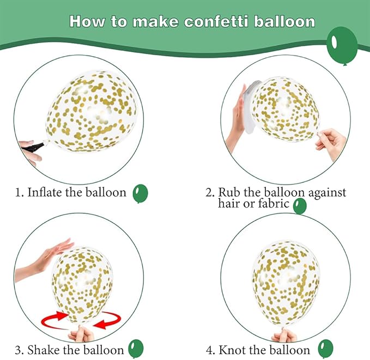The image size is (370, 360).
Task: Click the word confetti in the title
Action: click(x=216, y=22)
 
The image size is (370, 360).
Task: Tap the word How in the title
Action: click(x=87, y=22)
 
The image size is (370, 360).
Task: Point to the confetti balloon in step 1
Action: click(x=92, y=111)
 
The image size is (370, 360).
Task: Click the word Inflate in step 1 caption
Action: click(x=45, y=192)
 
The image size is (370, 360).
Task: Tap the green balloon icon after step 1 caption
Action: click(x=140, y=194)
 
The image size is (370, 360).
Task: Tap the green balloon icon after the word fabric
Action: click(x=300, y=206)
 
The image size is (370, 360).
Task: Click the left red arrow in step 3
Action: click(x=54, y=320)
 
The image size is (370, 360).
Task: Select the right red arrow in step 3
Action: click(x=107, y=320)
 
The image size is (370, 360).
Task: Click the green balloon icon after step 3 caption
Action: click(x=136, y=349)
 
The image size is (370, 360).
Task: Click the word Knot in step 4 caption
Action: click(x=232, y=350)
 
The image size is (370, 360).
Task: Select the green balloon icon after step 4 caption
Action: click(x=326, y=349)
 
